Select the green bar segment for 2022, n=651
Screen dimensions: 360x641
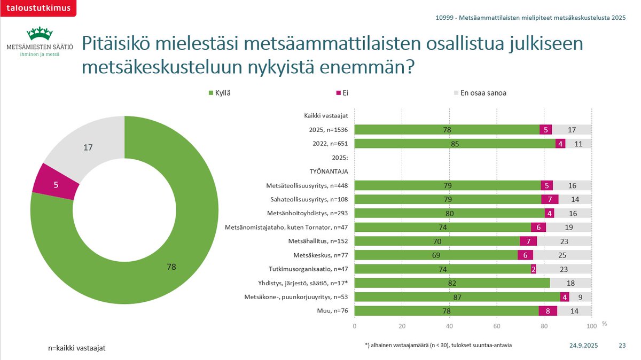(455, 144)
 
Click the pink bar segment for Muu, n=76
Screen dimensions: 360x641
(548, 310)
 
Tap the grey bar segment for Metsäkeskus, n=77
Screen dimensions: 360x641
(562, 255)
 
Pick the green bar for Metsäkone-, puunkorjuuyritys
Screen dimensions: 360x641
(457, 296)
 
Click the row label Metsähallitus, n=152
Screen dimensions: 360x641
(318, 241)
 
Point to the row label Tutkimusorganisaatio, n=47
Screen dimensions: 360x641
(309, 269)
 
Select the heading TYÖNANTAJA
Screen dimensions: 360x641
(329, 172)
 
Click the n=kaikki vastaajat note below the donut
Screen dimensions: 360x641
(76, 348)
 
